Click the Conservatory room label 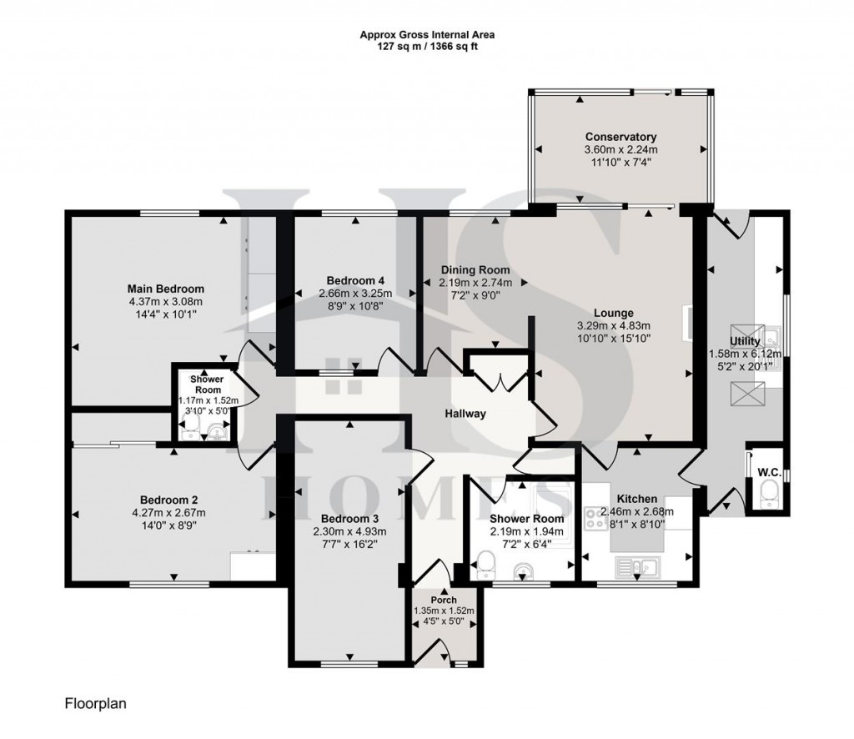(620, 137)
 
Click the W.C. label (768, 472)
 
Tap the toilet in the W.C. (768, 491)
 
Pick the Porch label (443, 600)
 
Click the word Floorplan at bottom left (95, 704)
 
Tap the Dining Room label (475, 270)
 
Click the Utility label (744, 342)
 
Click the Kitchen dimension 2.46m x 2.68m (637, 511)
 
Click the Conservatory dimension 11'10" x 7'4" (620, 162)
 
